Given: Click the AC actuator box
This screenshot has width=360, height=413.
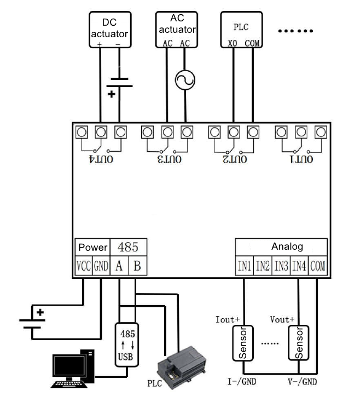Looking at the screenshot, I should tap(177, 30).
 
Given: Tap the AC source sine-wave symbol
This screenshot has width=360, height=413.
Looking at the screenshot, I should tap(185, 81).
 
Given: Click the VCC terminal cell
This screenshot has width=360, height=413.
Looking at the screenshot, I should tap(83, 267).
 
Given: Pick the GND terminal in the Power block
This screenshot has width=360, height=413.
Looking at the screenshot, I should tap(101, 267).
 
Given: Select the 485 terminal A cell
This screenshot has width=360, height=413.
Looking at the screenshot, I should tap(119, 267).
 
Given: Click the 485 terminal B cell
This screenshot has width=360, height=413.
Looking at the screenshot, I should tap(137, 267).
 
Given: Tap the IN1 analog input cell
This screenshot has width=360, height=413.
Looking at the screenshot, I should tap(245, 267).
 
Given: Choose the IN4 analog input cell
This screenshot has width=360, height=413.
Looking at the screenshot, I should tap(299, 267).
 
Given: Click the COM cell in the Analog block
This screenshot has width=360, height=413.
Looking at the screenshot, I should tap(317, 267).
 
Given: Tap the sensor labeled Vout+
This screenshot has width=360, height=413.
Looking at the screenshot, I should tap(299, 344).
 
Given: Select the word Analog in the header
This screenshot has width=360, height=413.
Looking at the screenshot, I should tap(287, 246).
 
